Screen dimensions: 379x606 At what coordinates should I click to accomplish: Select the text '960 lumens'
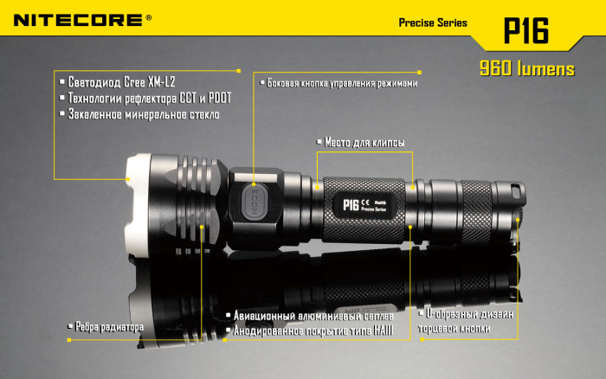click(x=526, y=69)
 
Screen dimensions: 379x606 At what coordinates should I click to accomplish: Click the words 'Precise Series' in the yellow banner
click(x=433, y=22)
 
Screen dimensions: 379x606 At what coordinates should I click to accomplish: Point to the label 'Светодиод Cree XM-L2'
click(x=122, y=83)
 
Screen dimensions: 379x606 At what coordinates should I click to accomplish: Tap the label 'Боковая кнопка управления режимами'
click(x=342, y=83)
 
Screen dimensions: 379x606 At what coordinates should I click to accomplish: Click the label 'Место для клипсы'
click(x=364, y=143)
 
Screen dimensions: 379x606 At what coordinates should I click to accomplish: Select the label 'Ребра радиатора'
click(x=108, y=326)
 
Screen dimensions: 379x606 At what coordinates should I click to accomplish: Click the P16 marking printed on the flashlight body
click(x=351, y=204)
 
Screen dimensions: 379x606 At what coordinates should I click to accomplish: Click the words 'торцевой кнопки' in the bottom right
click(x=455, y=329)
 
